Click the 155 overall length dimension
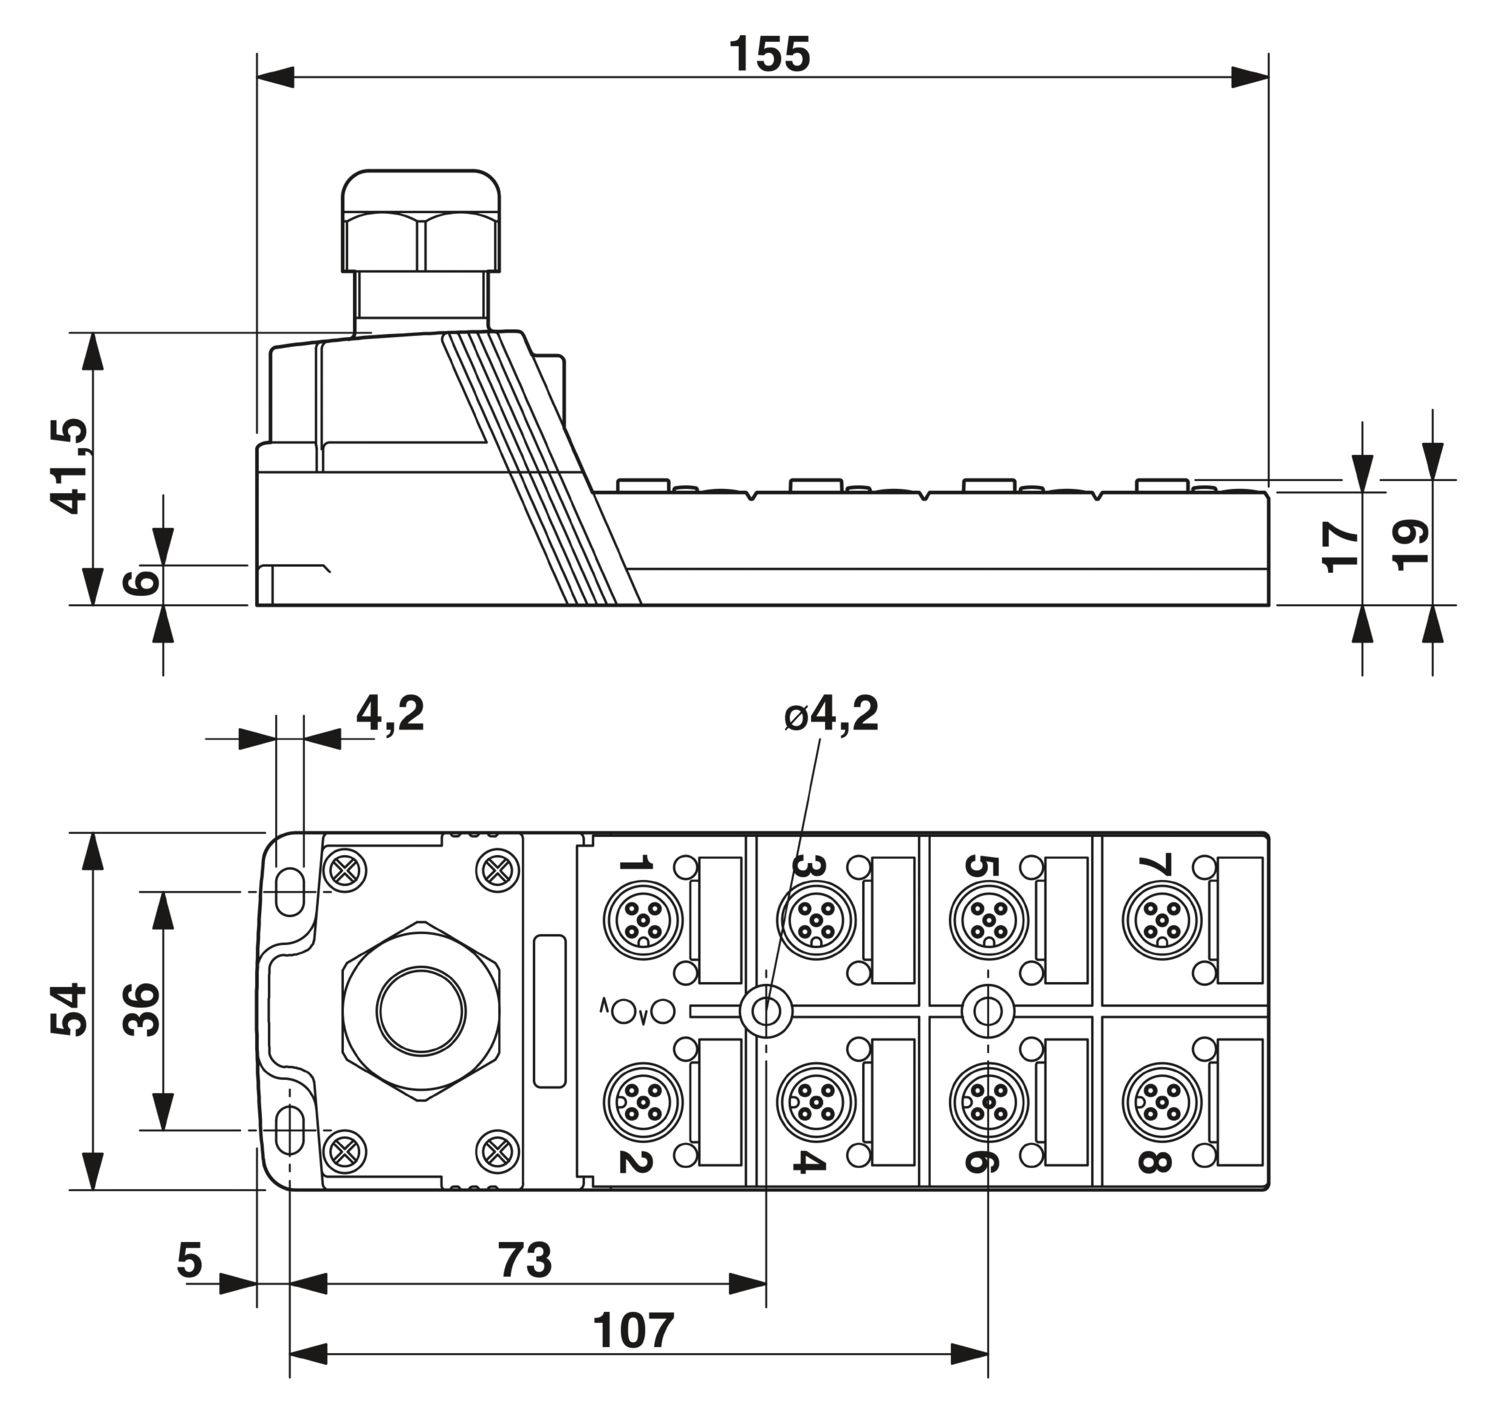769,54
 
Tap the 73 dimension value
525,1259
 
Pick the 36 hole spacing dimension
141,1009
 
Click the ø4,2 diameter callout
832,714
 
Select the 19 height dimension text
1409,544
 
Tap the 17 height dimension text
1341,546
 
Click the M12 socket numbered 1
643,919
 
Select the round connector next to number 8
1161,1101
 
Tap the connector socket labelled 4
816,1101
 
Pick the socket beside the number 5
988,919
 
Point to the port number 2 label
635,1157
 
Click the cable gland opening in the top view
421,1010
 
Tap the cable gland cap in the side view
421,221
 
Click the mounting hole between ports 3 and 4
766,1010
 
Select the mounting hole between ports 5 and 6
987,1010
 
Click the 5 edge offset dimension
190,1259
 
